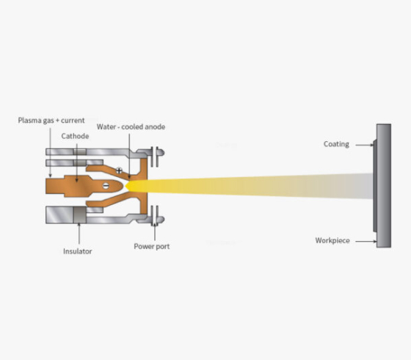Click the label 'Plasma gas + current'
[51, 120]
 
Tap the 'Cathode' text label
[75, 136]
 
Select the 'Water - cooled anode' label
[131, 126]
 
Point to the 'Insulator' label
[78, 251]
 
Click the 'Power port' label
[151, 246]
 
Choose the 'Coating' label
[336, 144]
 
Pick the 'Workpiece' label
[332, 241]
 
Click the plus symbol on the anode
[119, 170]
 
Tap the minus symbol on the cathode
[106, 186]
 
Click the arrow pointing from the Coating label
[364, 145]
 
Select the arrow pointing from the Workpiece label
[366, 242]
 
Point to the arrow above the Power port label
[155, 231]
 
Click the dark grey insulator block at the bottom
[79, 215]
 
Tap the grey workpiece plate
[383, 186]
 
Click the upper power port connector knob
[160, 152]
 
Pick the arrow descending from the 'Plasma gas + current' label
[51, 153]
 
